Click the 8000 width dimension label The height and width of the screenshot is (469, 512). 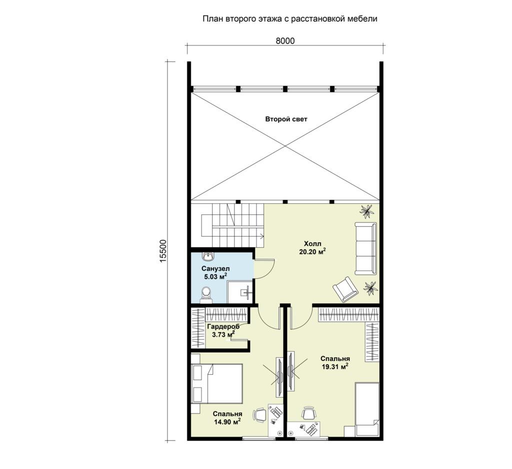click(x=285, y=41)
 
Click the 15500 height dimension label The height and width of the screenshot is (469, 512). click(x=163, y=250)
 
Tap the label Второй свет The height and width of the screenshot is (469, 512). click(x=286, y=119)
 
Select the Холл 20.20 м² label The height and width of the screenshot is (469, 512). click(x=312, y=248)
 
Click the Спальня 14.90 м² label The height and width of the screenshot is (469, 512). click(x=227, y=418)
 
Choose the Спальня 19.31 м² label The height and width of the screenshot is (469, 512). click(x=335, y=362)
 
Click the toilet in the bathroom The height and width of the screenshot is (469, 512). click(x=206, y=294)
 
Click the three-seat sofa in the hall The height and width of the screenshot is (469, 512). click(x=365, y=248)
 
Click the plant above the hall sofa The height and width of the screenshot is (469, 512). click(x=367, y=211)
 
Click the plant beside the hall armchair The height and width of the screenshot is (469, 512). click(x=370, y=288)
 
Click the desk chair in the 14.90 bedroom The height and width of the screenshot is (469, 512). click(x=259, y=416)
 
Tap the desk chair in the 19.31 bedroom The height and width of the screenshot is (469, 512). click(x=308, y=414)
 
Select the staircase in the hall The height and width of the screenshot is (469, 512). click(x=232, y=226)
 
